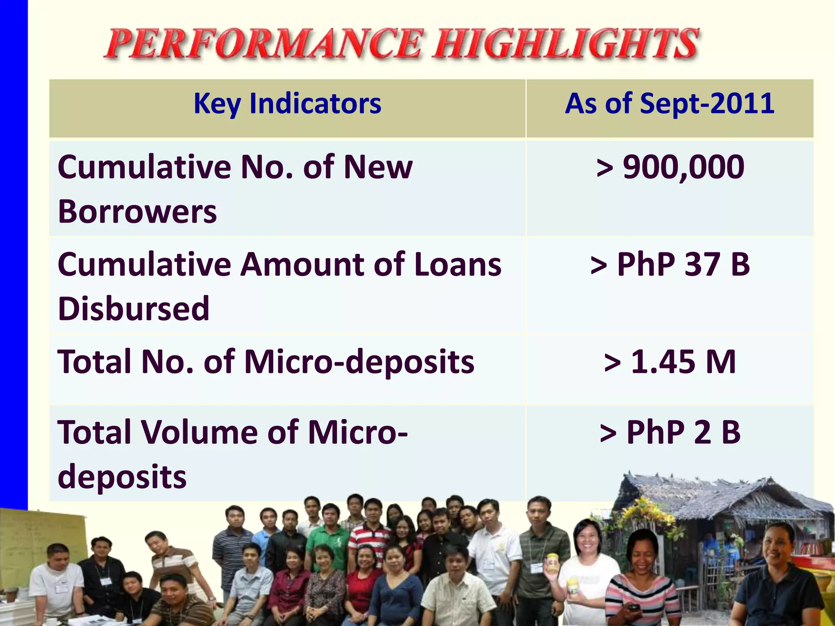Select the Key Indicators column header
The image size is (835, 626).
(287, 104)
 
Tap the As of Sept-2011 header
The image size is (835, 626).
(669, 104)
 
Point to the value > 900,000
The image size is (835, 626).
(670, 167)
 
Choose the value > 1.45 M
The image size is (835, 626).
(670, 362)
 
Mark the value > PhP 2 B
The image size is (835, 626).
(670, 432)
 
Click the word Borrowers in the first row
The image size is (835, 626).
(137, 212)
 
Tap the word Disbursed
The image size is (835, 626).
(134, 309)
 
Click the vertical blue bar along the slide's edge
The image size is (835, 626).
(13, 245)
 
